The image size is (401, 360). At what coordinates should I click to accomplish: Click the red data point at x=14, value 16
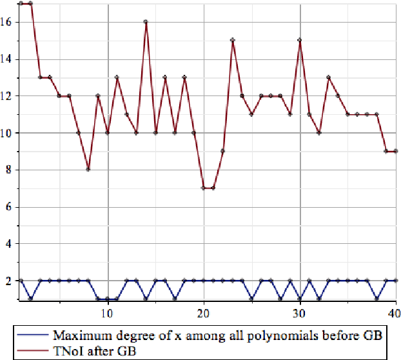coord(146,21)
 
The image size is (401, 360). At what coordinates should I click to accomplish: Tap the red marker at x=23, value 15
coord(233,40)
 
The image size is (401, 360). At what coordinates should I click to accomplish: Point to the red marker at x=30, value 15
coord(300,40)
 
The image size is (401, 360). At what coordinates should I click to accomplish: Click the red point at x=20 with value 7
coord(204,188)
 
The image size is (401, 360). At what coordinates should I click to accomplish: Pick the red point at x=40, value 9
coord(396,151)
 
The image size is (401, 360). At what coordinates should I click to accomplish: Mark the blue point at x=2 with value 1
coord(30,299)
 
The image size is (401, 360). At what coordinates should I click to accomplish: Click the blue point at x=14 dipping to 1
coord(146,299)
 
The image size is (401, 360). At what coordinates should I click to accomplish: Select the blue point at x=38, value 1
coord(377,299)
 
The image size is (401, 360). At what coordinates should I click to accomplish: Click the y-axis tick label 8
coord(8,170)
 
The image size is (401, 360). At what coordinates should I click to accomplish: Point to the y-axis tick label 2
coord(8,281)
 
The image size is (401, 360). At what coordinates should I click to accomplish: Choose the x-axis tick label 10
coord(107,314)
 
